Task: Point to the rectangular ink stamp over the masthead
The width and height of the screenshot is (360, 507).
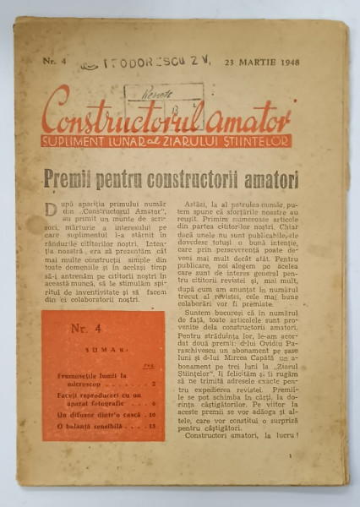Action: [x=163, y=92]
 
